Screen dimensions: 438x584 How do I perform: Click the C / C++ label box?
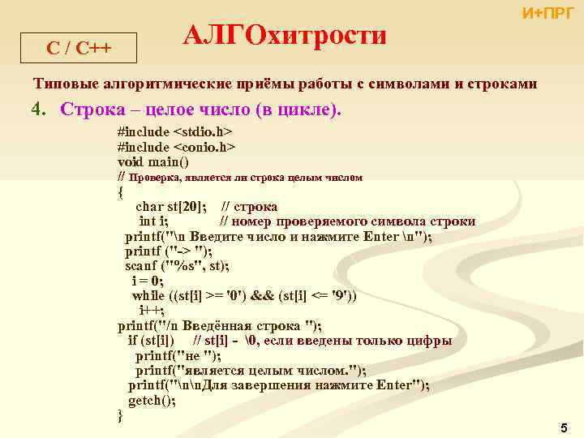[79, 48]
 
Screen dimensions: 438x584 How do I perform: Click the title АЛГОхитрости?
[284, 36]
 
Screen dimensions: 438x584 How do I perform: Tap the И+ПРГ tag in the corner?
[547, 13]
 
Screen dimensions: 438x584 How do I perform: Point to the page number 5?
[564, 427]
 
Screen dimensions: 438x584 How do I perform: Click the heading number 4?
[37, 109]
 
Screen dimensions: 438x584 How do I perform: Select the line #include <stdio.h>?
[174, 131]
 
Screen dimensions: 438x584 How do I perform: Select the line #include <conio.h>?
[176, 146]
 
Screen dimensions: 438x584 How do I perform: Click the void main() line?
[152, 161]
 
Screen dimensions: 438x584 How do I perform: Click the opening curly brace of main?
[121, 191]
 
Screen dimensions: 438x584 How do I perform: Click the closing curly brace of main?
[121, 415]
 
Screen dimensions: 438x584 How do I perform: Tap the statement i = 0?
[148, 281]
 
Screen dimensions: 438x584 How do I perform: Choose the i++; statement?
[152, 311]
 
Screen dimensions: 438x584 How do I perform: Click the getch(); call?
[152, 400]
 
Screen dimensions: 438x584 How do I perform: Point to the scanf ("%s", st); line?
[177, 265]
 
